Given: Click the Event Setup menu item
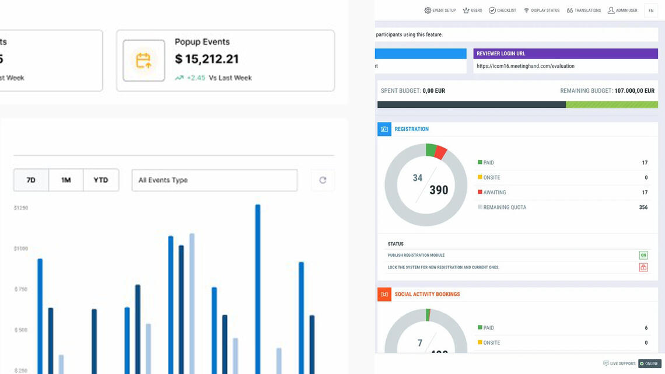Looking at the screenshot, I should point(440,11).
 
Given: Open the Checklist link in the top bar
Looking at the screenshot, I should point(502,11).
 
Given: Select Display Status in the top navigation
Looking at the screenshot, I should point(541,11).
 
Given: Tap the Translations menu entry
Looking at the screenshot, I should point(583,11).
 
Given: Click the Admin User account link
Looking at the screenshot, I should point(622,11).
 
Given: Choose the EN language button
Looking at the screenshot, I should point(651,11).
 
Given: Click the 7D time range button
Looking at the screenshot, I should point(31,180).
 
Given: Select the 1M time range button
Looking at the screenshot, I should point(66,180).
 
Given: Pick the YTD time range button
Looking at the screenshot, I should point(101,180).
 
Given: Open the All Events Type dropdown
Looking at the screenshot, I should point(214,180).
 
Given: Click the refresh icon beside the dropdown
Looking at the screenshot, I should point(323,180).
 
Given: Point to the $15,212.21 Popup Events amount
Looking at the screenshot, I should point(207,59).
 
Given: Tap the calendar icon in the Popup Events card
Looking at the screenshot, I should point(143,61).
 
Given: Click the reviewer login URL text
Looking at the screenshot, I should point(525,66).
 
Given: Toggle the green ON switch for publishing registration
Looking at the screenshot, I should point(643,255).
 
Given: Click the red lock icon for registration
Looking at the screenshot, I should point(643,267).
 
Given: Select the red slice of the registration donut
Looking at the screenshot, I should point(441,153).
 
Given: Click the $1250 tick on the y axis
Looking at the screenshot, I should point(21,208).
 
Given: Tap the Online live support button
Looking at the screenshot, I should point(649,363).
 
